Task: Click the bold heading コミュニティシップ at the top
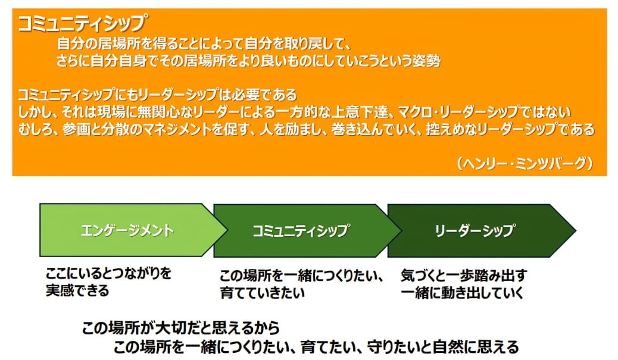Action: pyautogui.click(x=82, y=23)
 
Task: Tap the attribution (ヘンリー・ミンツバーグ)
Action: pyautogui.click(x=525, y=163)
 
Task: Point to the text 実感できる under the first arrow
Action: pyautogui.click(x=77, y=291)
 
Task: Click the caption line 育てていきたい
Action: pyautogui.click(x=263, y=292)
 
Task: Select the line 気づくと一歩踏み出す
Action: pyautogui.click(x=464, y=276)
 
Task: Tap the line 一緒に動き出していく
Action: pyautogui.click(x=462, y=292)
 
